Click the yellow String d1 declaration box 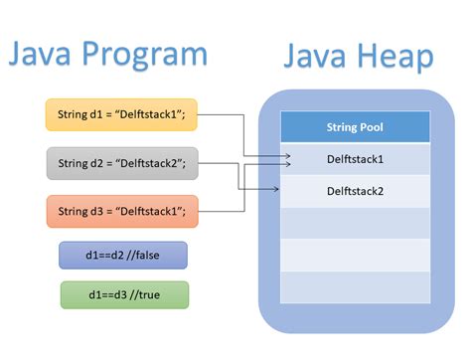122,115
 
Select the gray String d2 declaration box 122,163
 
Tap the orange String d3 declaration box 122,211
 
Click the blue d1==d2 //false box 123,256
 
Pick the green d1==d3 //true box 123,295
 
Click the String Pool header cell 355,127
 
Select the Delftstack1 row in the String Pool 355,158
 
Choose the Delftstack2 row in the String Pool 355,189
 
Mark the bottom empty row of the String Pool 355,286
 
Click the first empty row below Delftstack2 355,222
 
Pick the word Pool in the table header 373,127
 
